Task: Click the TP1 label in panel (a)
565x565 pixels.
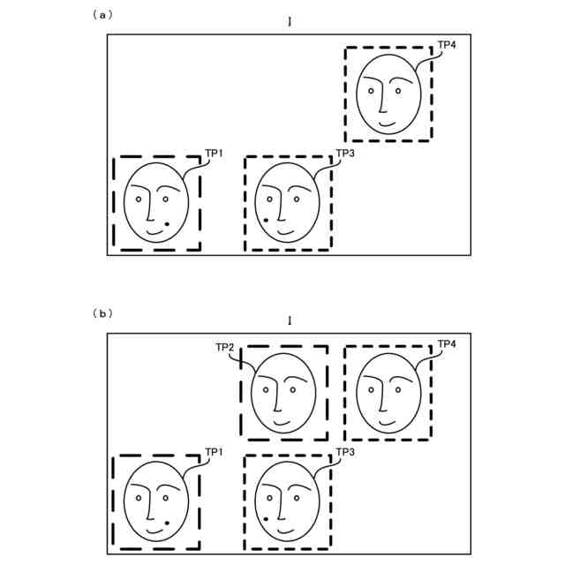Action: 214,153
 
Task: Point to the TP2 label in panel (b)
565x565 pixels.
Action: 224,347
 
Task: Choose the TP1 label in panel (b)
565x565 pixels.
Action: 214,452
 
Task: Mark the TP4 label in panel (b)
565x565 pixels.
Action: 447,343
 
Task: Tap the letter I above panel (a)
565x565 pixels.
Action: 289,21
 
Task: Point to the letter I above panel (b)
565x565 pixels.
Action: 289,320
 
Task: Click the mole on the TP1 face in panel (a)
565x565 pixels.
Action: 167,224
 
